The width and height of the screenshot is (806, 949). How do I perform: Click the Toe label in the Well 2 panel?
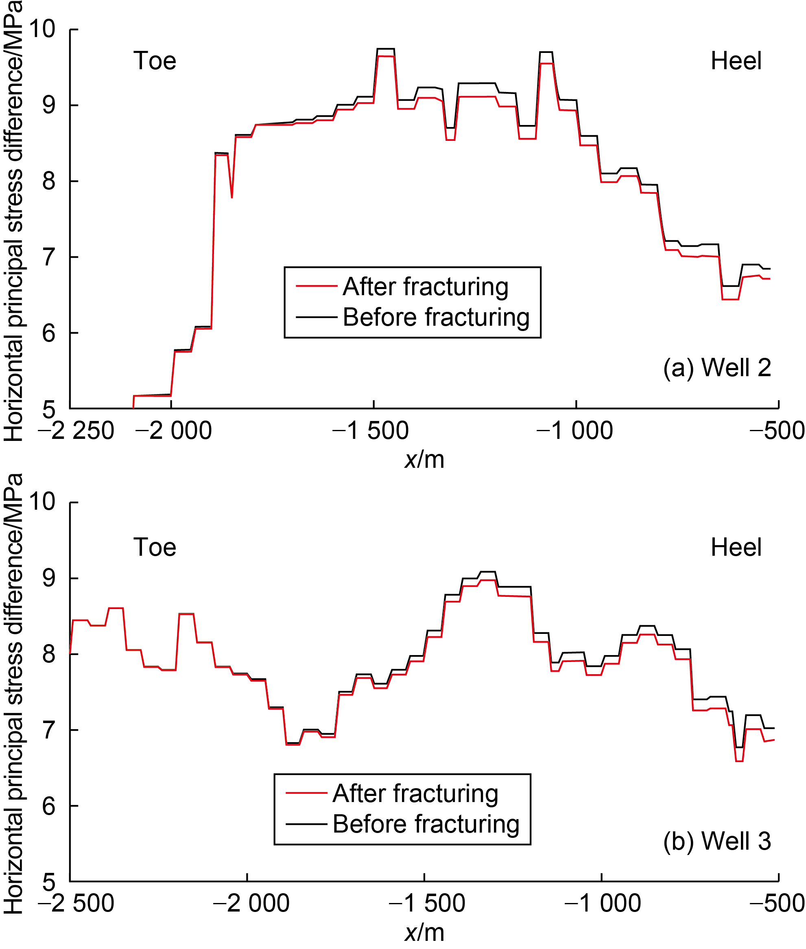[155, 61]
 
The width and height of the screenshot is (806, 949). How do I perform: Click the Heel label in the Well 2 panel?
[736, 61]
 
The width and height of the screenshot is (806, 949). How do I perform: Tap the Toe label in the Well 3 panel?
[155, 547]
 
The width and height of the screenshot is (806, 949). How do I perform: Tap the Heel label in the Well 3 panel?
[736, 547]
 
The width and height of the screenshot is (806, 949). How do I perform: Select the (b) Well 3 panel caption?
[717, 841]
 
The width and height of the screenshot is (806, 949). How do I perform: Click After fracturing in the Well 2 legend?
[426, 287]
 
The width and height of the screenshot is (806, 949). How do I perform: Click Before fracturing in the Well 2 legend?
[436, 317]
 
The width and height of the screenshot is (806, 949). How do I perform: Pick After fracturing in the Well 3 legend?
[415, 793]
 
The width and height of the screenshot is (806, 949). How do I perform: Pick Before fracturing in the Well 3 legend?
[426, 824]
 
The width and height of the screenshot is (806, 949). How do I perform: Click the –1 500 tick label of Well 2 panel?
[371, 431]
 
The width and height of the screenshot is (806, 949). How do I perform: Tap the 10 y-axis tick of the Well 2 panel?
[42, 29]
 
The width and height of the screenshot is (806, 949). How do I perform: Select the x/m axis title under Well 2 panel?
[424, 459]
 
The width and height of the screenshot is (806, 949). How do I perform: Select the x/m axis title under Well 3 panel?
[424, 933]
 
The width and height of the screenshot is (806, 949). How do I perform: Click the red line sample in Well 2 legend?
[316, 286]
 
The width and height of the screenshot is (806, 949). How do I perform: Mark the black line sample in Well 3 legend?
[306, 824]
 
